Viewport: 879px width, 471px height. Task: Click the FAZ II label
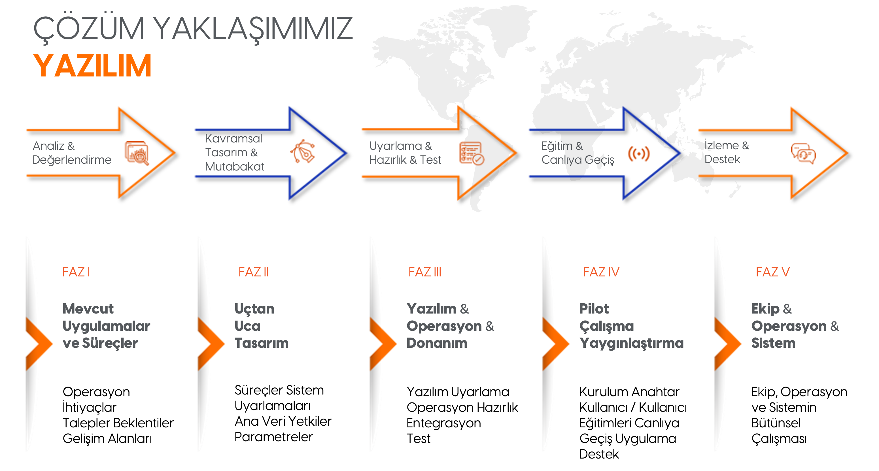(x=254, y=272)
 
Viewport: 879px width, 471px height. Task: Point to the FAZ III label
(x=425, y=272)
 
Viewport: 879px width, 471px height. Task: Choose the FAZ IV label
(x=601, y=272)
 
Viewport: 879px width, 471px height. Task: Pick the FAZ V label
(x=772, y=272)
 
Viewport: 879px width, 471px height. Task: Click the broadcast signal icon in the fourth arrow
(x=639, y=154)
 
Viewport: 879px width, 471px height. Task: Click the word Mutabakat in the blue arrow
(x=235, y=167)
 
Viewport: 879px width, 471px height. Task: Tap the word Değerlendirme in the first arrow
(x=72, y=160)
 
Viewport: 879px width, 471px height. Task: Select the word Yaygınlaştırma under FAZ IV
(x=631, y=343)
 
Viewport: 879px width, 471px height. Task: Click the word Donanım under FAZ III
(x=437, y=343)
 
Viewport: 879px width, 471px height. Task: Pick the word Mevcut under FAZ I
(x=88, y=309)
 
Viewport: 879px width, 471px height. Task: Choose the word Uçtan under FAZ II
(x=254, y=309)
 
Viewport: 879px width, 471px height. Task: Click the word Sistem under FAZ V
(x=773, y=343)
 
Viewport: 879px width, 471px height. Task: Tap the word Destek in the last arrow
(x=723, y=159)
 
